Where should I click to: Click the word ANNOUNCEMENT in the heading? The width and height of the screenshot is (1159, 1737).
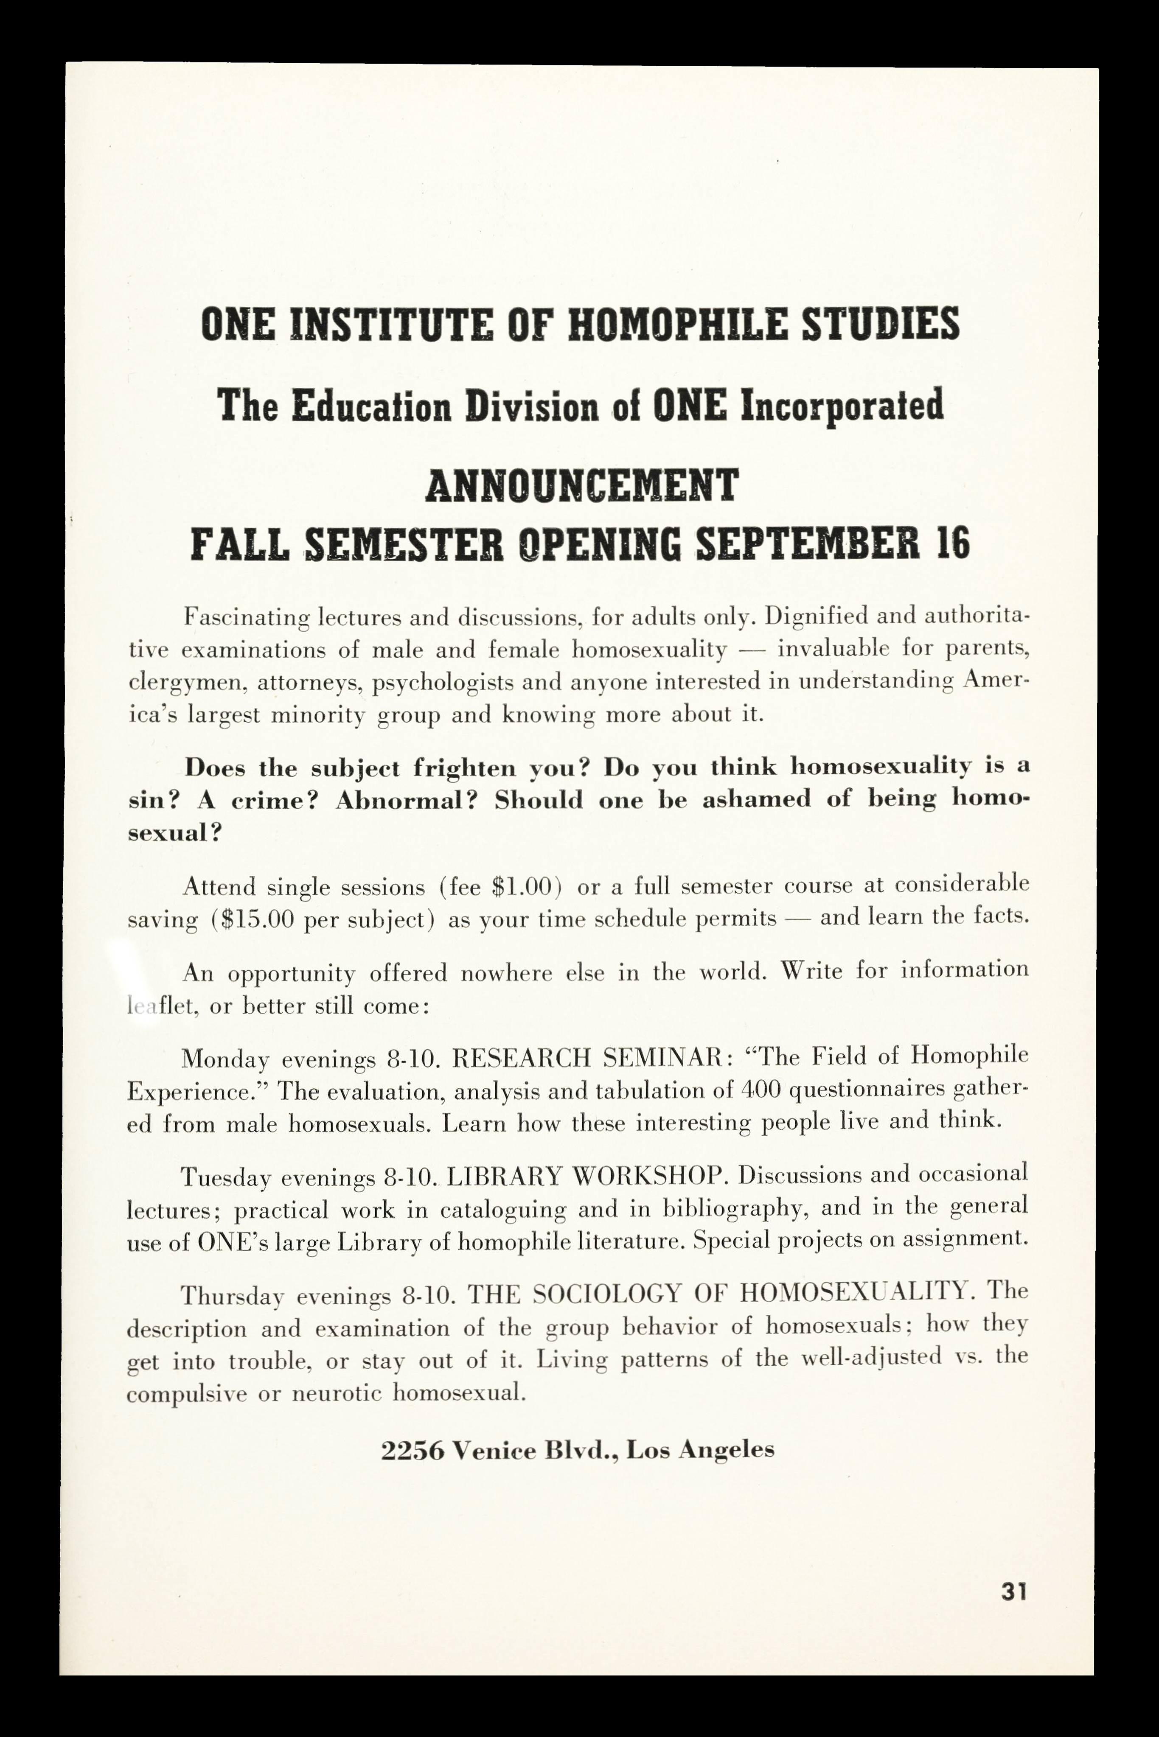coord(582,485)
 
